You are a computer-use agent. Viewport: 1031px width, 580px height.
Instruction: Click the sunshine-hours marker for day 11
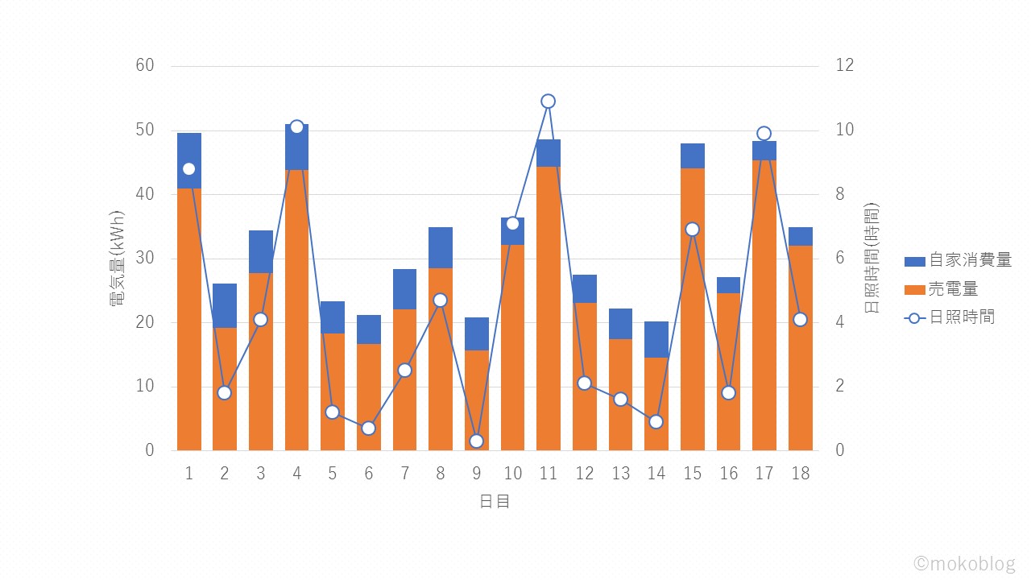click(x=549, y=101)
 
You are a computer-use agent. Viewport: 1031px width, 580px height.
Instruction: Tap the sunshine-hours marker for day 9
click(x=476, y=441)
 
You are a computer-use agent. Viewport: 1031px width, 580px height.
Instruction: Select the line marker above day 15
click(x=692, y=230)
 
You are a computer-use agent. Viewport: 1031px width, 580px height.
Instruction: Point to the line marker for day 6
click(x=368, y=428)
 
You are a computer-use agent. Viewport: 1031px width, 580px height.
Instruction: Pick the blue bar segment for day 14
click(x=656, y=339)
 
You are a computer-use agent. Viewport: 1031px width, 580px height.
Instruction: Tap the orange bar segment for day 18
click(x=800, y=347)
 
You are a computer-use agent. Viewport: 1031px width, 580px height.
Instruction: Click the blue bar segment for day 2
click(x=225, y=305)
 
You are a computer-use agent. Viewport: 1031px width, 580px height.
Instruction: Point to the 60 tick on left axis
click(x=145, y=65)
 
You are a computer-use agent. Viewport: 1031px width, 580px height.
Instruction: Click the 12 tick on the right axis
click(x=845, y=65)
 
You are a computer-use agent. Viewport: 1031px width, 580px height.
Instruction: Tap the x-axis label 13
click(x=620, y=474)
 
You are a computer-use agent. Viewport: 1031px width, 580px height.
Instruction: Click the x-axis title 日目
click(x=495, y=501)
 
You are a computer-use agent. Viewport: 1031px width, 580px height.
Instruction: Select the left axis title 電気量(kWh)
click(x=118, y=258)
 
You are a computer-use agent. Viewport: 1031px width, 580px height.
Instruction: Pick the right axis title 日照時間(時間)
click(x=872, y=258)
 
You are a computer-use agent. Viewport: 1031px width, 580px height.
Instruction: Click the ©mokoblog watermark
click(x=964, y=563)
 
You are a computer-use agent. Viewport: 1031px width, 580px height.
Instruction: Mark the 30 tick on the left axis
click(x=145, y=258)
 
